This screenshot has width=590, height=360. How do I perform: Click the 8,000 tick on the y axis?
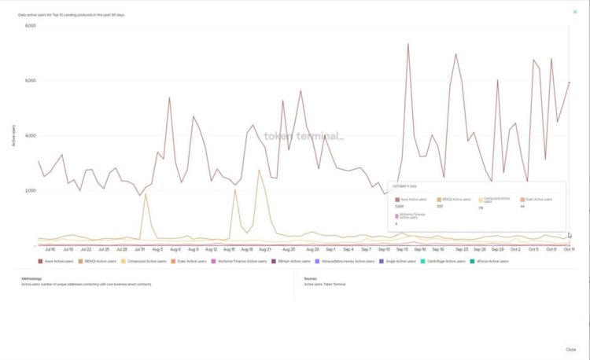pos(30,26)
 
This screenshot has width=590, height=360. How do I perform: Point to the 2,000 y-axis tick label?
pos(30,190)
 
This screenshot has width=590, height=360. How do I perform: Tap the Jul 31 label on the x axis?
pos(138,248)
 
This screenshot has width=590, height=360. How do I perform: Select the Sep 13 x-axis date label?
pos(402,248)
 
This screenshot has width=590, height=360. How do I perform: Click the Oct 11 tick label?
pos(569,248)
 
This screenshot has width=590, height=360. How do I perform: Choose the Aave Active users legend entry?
pos(57,261)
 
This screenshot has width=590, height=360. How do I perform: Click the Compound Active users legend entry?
pos(146,261)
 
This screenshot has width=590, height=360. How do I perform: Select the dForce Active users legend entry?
pos(491,261)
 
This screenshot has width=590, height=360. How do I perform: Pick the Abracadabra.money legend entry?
pos(344,261)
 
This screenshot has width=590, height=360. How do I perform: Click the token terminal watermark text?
pos(303,136)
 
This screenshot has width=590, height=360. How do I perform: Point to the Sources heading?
pos(310,277)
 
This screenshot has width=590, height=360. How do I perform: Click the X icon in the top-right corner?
pos(574,12)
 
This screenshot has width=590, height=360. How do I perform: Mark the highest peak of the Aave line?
pos(408,43)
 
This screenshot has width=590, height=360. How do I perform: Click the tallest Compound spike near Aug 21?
pos(259,170)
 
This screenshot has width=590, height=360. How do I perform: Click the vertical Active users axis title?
pos(13,135)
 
